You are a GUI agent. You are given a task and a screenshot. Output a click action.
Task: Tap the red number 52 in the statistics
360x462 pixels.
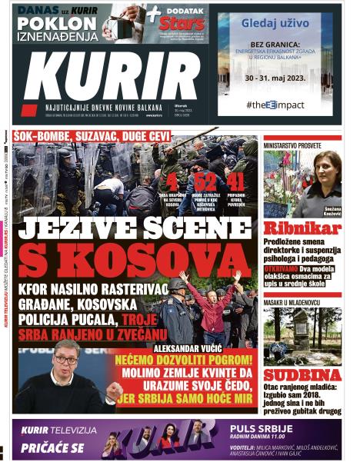[205, 181]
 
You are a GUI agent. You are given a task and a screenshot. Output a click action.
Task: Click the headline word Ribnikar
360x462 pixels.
[302, 228]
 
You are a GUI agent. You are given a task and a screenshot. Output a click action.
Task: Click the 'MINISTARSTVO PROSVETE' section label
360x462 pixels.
[294, 145]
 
